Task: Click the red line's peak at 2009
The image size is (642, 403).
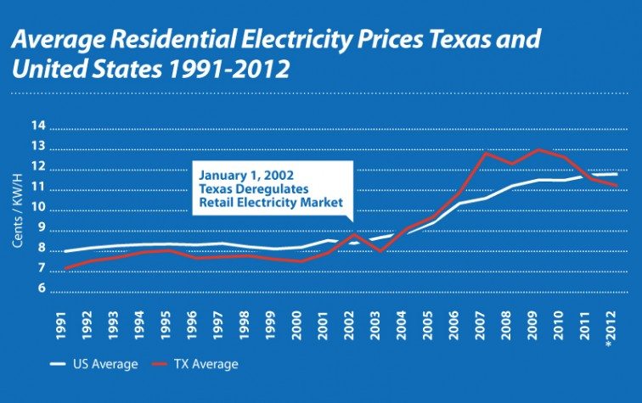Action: tap(537, 149)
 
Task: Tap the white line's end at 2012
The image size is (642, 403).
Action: tap(616, 174)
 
